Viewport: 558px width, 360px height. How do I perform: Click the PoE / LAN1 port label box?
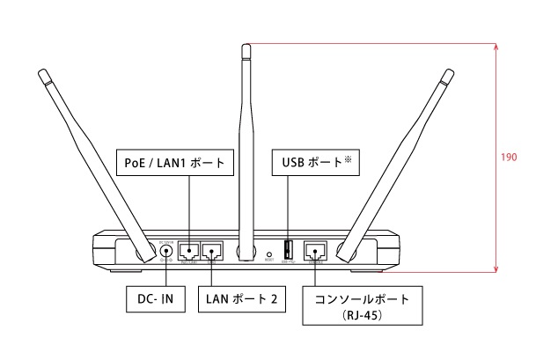(174, 162)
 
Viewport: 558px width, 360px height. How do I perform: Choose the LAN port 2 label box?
(241, 299)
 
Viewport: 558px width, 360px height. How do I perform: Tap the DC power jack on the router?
(165, 251)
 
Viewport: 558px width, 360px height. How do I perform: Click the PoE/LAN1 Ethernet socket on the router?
(189, 251)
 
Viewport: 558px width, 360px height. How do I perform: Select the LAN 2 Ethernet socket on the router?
(212, 251)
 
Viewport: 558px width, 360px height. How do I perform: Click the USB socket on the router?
(288, 250)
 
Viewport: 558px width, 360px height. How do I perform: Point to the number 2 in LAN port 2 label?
(275, 299)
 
